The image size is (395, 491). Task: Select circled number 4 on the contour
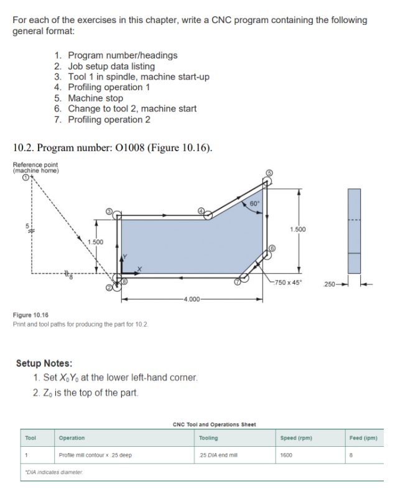[x=202, y=211]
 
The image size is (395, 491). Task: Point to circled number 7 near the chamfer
[x=236, y=281]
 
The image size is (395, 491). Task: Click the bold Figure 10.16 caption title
[x=28, y=316]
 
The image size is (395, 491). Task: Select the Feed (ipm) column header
[x=364, y=438]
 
